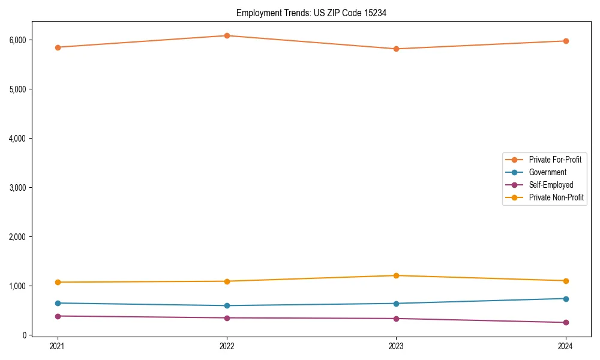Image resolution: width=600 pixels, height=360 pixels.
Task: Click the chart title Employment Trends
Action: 311,13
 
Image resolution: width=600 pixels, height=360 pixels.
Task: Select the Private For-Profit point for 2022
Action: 227,35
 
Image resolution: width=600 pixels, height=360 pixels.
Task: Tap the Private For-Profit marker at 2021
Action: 58,47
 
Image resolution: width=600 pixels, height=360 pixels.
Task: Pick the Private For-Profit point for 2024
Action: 565,41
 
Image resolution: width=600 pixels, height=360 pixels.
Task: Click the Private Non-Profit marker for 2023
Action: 396,275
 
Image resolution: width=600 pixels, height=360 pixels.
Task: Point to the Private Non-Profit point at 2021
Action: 58,282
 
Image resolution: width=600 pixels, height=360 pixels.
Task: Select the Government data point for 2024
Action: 565,298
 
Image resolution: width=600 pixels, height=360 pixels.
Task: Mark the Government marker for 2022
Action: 227,305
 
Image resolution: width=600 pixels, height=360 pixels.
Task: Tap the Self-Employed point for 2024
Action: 565,322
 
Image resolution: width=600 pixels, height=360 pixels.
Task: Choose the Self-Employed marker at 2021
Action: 58,316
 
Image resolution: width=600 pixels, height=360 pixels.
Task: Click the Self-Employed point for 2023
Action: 396,318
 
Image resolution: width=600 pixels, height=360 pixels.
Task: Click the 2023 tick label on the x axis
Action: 396,346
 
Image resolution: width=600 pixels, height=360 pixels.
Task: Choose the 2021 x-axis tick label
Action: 58,346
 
